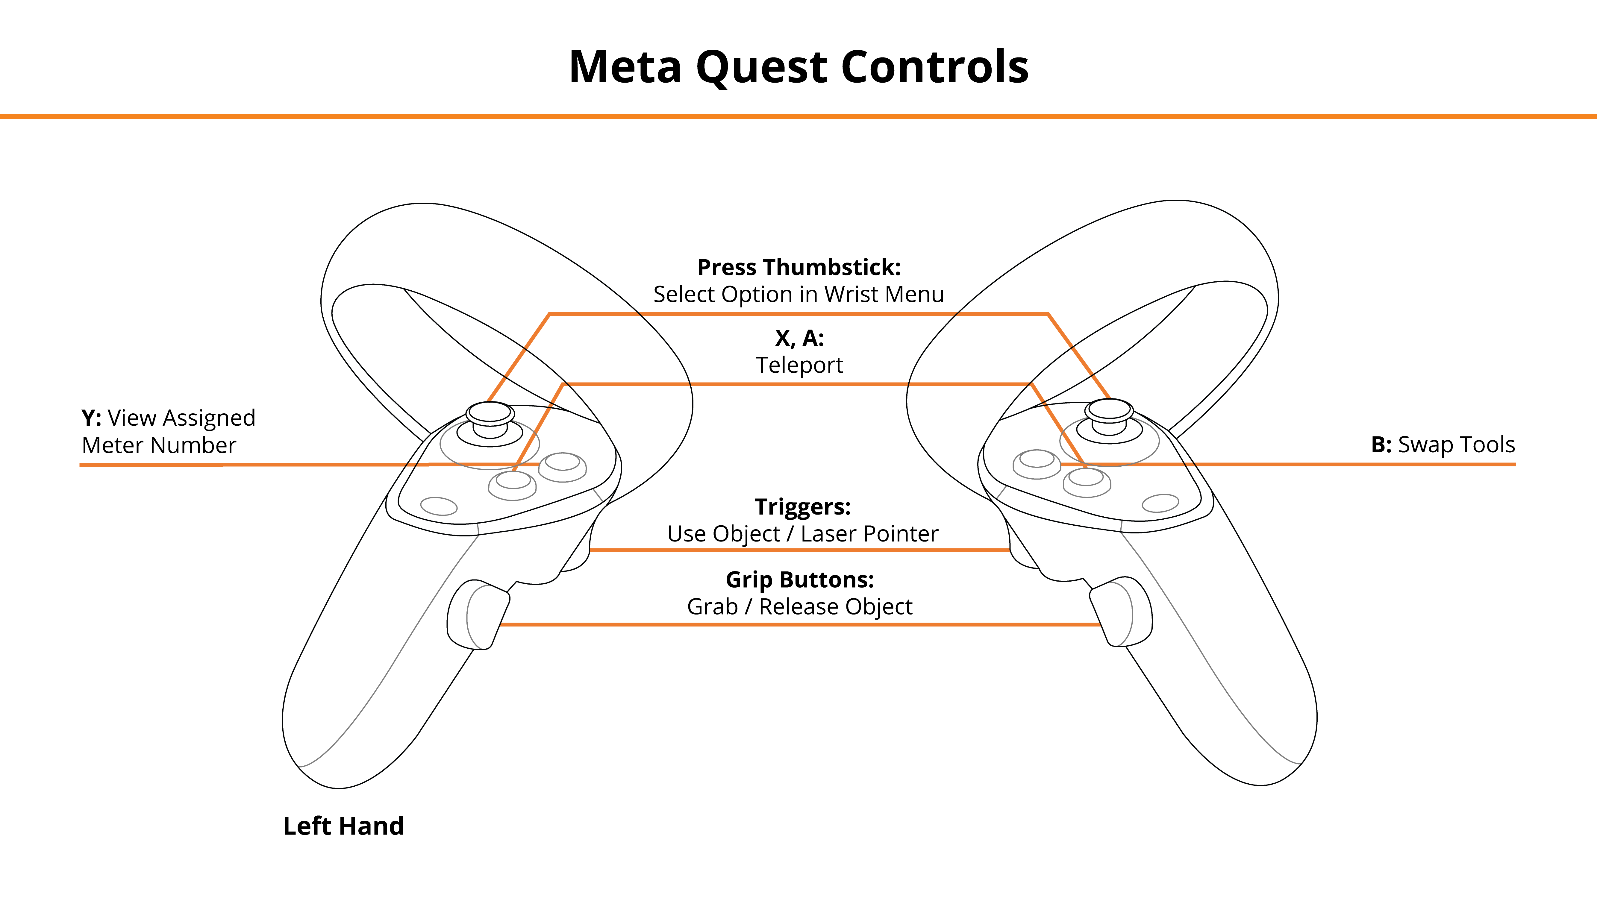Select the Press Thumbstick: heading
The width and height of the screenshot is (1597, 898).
pos(799,267)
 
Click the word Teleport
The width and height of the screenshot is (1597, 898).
pos(799,365)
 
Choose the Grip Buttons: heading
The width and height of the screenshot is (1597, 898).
pos(800,580)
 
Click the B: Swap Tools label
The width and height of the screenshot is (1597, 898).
pos(1443,444)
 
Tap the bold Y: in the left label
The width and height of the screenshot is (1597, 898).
pos(91,418)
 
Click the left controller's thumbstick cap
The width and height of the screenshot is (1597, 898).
pos(490,412)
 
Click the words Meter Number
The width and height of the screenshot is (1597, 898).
pos(159,445)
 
